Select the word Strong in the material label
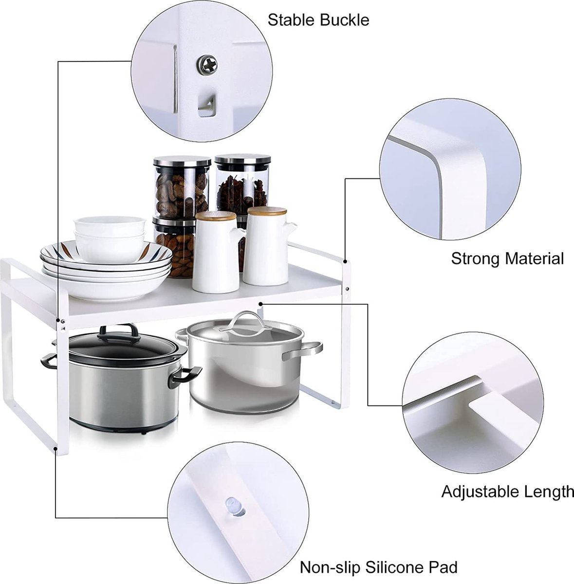475,259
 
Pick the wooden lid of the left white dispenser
216,216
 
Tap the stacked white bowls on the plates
110,239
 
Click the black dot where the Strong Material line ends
345,261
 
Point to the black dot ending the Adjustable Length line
260,303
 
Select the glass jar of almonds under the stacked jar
174,247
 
